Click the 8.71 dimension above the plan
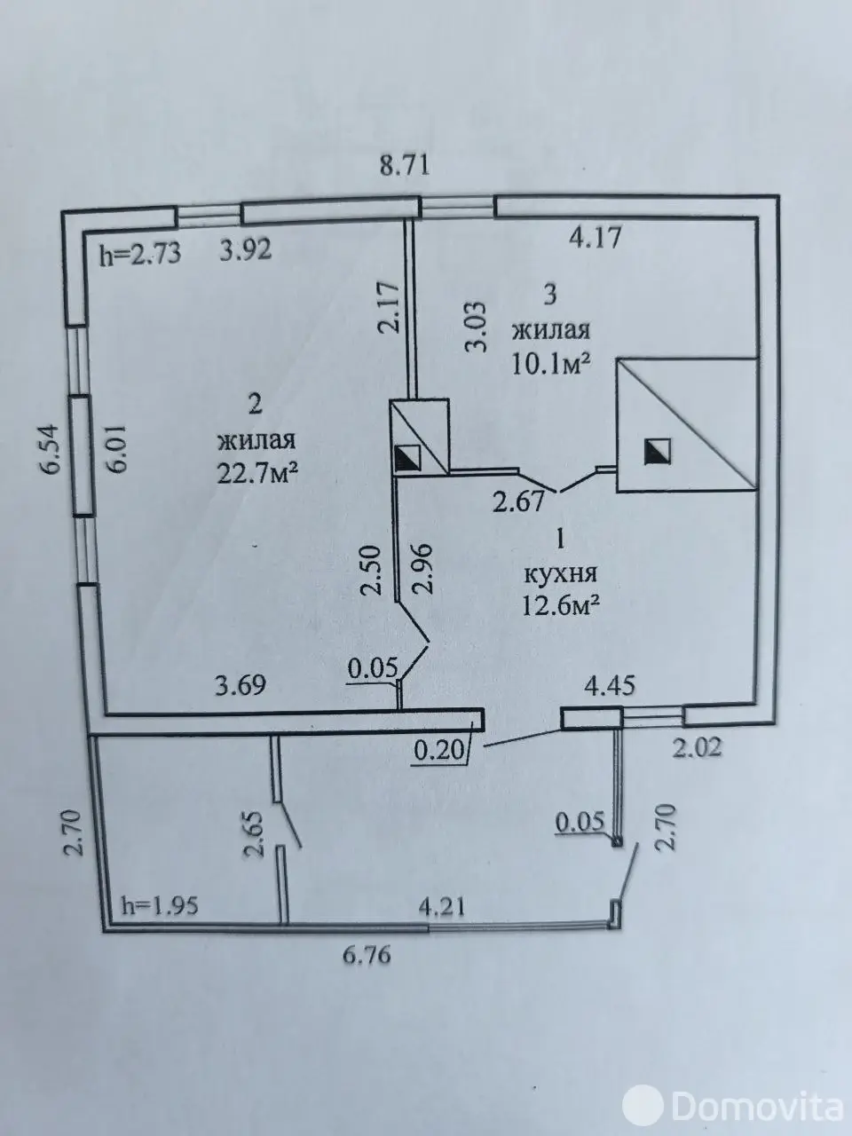pos(405,166)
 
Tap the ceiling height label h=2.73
pos(140,254)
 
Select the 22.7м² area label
pos(257,473)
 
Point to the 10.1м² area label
pos(551,365)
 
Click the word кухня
pos(561,574)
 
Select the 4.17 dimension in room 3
pos(595,238)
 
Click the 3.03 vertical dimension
pos(477,327)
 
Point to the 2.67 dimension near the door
pos(519,501)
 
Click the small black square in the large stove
pos(658,450)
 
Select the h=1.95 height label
pos(160,906)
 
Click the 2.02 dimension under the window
pos(697,747)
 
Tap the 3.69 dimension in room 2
pos(241,685)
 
